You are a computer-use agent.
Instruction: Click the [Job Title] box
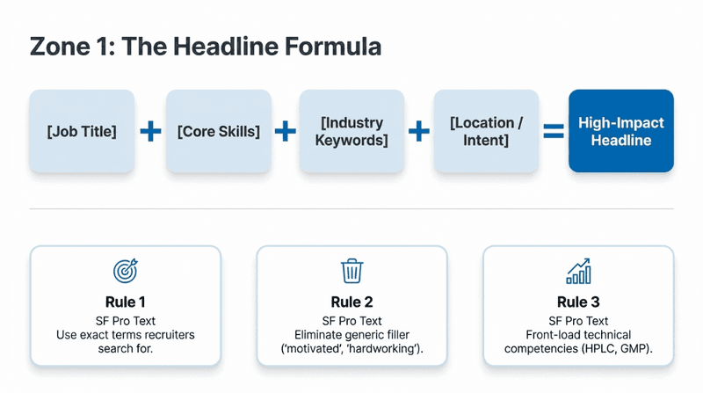coord(82,131)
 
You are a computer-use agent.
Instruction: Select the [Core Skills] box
coord(218,131)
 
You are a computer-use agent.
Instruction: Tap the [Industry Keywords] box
coord(351,131)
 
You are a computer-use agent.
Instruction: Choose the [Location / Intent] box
coord(486,131)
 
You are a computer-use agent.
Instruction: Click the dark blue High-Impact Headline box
coord(621,131)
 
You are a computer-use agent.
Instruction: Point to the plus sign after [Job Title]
coord(150,131)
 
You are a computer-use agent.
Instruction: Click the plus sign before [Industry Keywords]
coord(285,131)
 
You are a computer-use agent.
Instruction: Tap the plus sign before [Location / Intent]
coord(419,131)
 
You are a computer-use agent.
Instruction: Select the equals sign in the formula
coord(554,131)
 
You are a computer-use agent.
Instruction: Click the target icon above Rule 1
coord(125,271)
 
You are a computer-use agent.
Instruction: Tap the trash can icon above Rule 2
coord(352,271)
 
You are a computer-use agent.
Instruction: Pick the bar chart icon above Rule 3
coord(578,271)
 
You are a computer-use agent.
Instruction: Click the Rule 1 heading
coord(125,302)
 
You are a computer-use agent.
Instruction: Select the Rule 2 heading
coord(352,302)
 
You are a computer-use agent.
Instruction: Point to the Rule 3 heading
coord(578,302)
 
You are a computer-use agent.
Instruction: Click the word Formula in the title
coord(333,47)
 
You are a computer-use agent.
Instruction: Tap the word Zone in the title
coord(60,47)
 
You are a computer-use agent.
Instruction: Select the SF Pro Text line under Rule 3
coord(578,321)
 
